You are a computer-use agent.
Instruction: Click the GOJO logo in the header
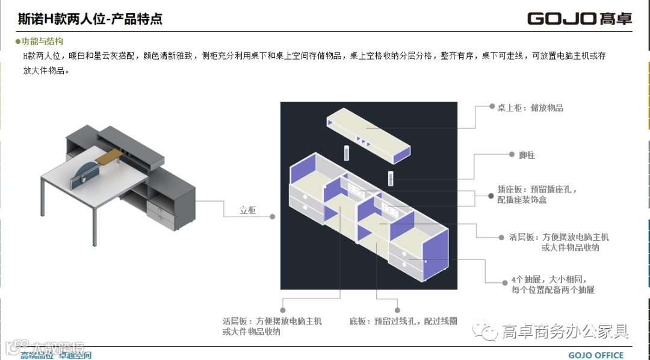(x=580, y=19)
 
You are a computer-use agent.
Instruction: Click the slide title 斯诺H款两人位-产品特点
(x=90, y=19)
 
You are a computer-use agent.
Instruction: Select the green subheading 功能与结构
(x=42, y=42)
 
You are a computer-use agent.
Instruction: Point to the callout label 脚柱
(x=527, y=155)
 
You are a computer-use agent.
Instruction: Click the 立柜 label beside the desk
(x=247, y=210)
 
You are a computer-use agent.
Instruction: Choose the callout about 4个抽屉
(x=552, y=285)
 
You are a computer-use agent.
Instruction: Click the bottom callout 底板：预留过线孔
(x=403, y=321)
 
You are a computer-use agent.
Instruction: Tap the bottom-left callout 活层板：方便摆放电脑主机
(x=272, y=326)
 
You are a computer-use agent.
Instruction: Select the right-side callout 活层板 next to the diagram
(x=559, y=242)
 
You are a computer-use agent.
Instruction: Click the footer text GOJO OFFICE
(x=596, y=355)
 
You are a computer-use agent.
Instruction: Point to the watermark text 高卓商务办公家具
(x=566, y=331)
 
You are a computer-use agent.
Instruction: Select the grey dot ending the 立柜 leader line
(x=273, y=216)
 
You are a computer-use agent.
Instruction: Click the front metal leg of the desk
(x=95, y=229)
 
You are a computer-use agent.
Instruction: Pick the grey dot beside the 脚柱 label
(x=509, y=155)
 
